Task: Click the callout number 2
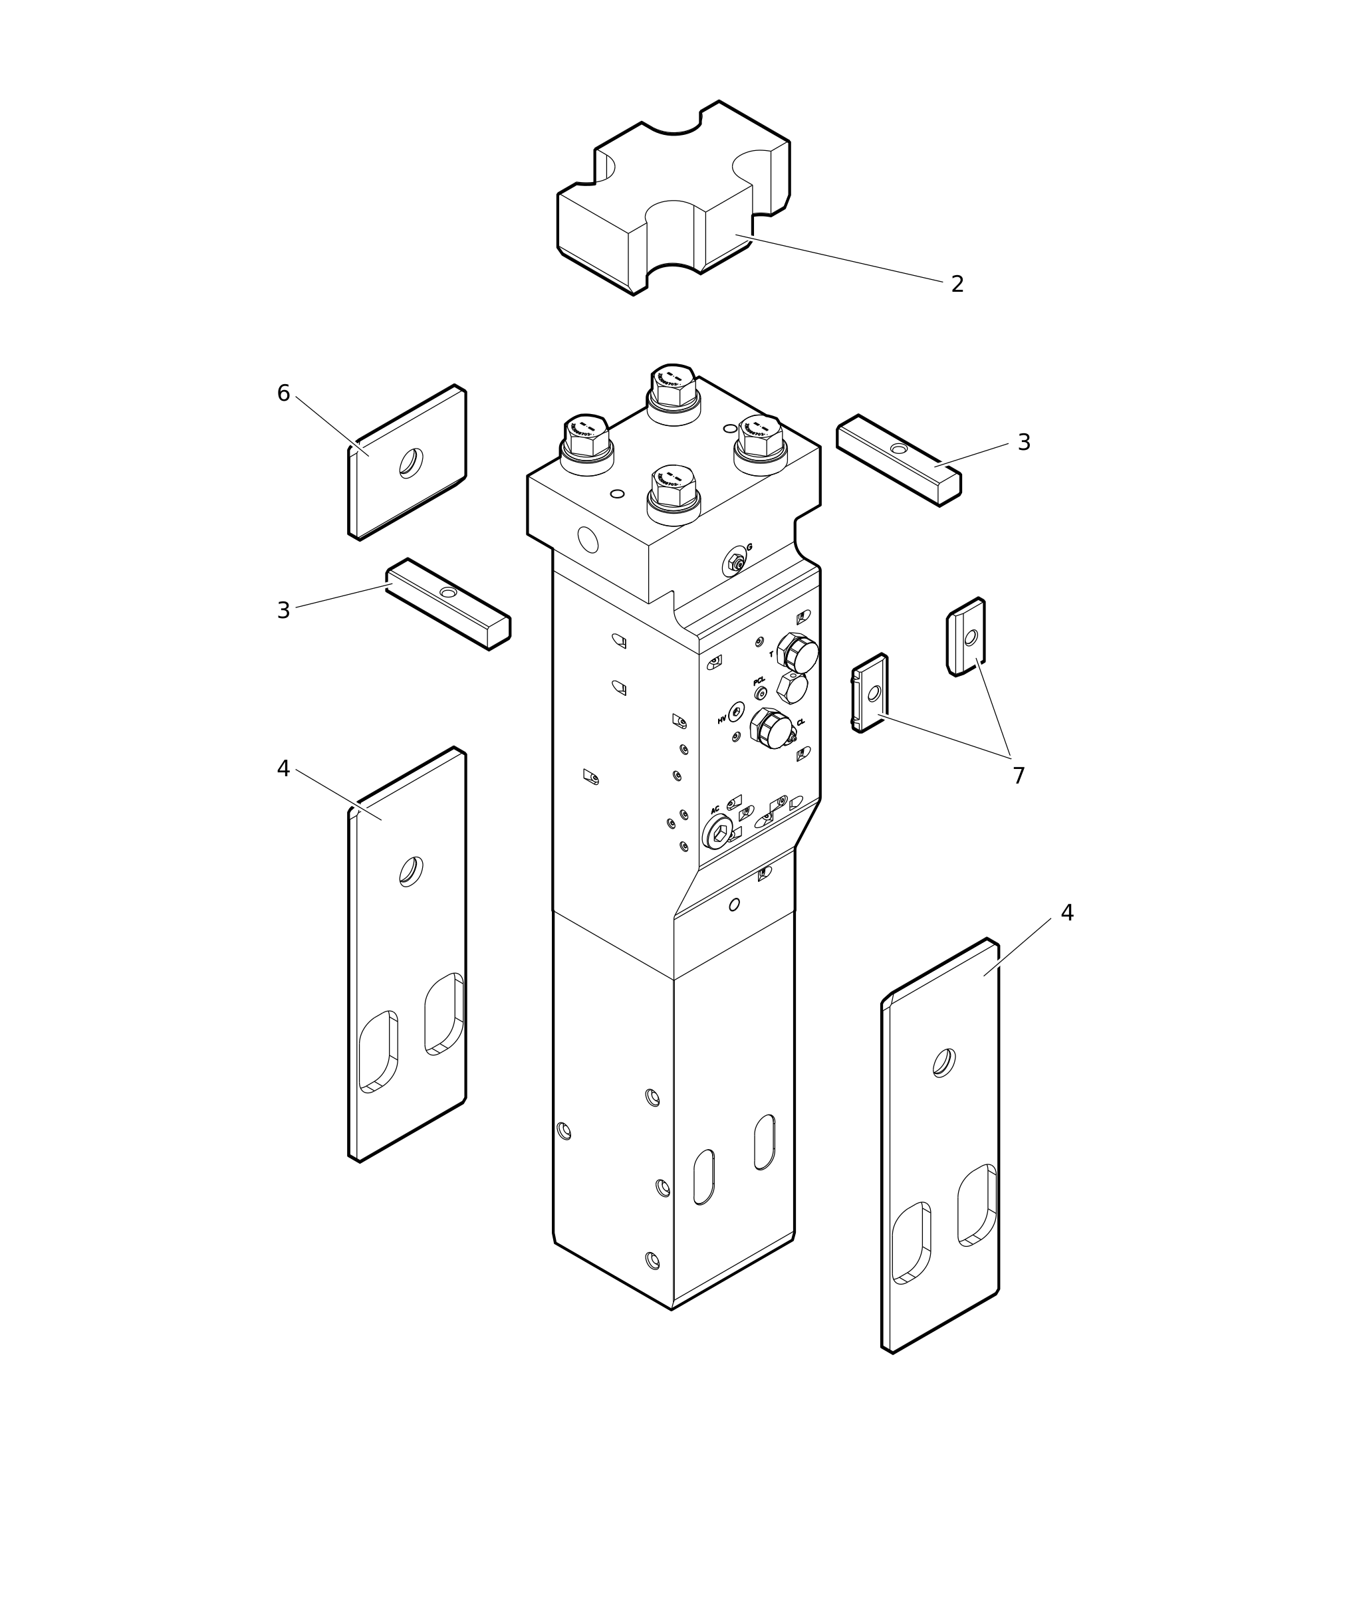pyautogui.click(x=957, y=284)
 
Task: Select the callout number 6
pyautogui.click(x=283, y=393)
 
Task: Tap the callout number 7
pyautogui.click(x=1019, y=776)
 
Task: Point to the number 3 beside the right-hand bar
pyautogui.click(x=1024, y=443)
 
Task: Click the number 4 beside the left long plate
pyautogui.click(x=283, y=769)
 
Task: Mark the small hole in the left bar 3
pyautogui.click(x=448, y=592)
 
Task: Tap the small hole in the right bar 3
pyautogui.click(x=899, y=449)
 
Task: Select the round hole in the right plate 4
pyautogui.click(x=944, y=1062)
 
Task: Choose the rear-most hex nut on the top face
pyautogui.click(x=674, y=385)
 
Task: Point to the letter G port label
pyautogui.click(x=749, y=548)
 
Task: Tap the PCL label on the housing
pyautogui.click(x=759, y=681)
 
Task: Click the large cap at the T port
pyautogui.click(x=799, y=653)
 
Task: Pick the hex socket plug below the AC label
pyautogui.click(x=718, y=833)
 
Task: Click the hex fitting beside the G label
pyautogui.click(x=737, y=564)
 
